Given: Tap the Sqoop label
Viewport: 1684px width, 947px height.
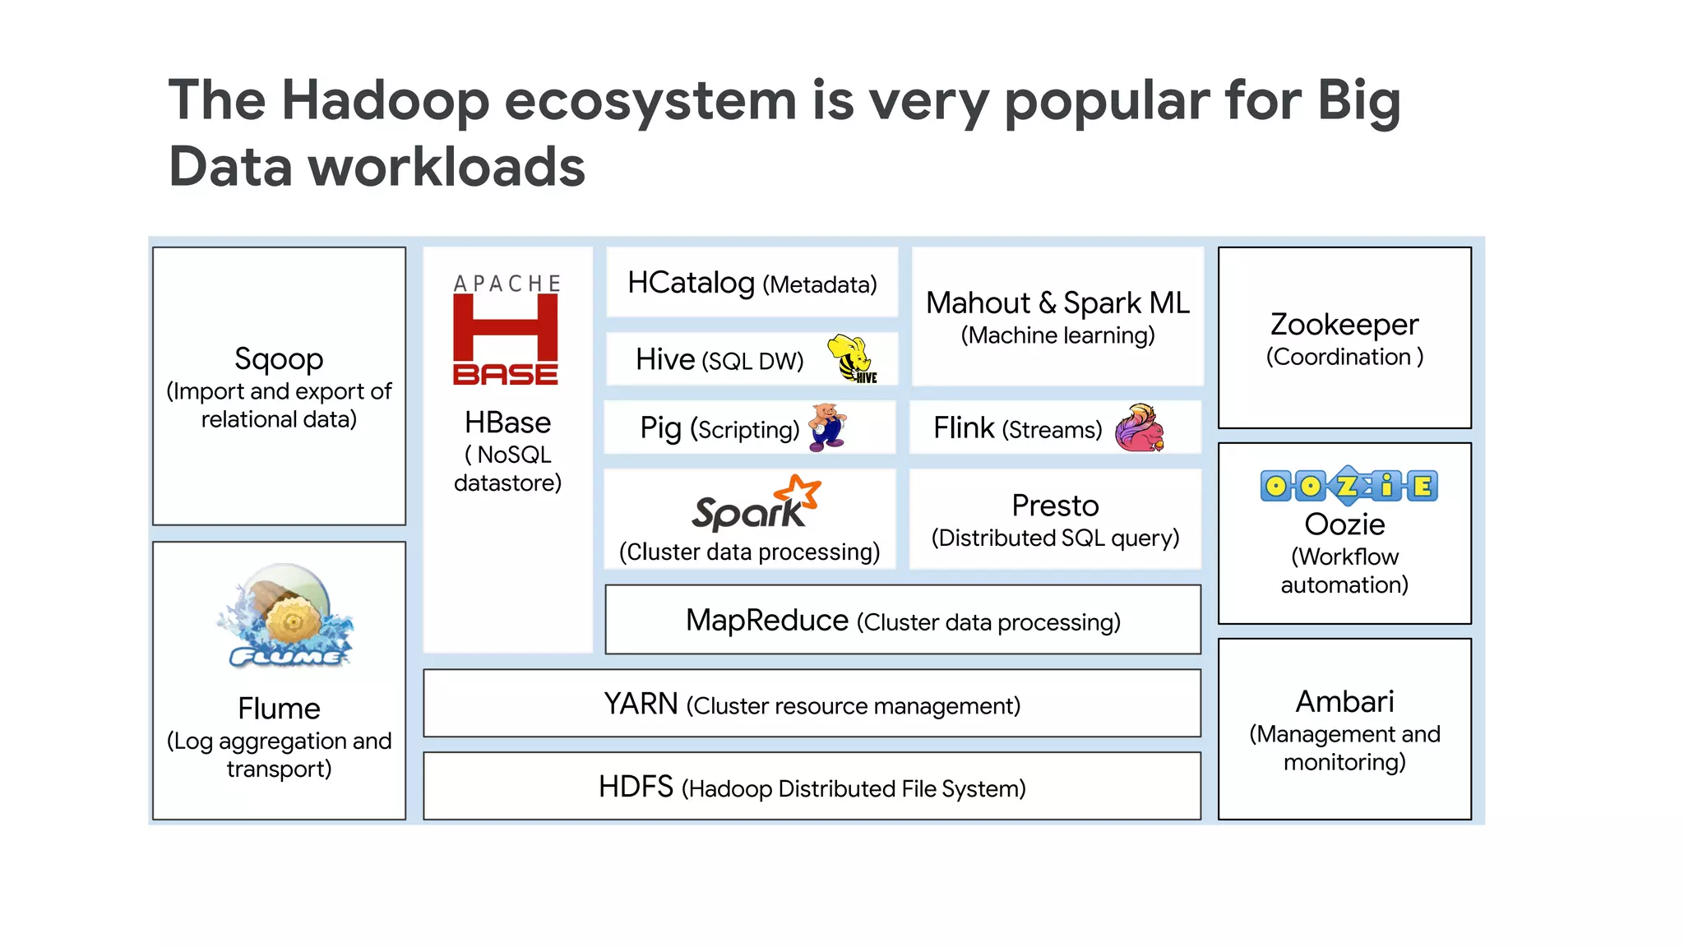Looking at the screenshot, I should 279,359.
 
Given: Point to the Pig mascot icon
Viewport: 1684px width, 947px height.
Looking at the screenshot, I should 826,426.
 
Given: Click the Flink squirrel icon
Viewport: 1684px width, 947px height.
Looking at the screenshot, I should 1140,427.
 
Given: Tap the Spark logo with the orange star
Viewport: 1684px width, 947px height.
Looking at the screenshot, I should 756,503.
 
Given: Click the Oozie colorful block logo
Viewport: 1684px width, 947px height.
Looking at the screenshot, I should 1349,485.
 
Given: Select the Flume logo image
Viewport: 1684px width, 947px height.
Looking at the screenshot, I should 285,617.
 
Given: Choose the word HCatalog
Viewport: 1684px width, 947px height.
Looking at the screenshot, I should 691,283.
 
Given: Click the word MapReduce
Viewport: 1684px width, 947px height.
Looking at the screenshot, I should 766,621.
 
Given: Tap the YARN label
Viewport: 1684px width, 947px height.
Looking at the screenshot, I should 641,704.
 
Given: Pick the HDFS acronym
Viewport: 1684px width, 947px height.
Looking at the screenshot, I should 636,787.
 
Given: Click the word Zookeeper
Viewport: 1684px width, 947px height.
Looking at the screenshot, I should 1344,325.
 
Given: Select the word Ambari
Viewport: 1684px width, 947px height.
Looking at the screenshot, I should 1344,702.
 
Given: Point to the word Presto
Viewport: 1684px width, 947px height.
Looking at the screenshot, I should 1055,506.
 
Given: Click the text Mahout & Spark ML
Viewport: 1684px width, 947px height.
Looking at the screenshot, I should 1057,303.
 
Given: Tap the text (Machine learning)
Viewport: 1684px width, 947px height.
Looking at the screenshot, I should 1057,335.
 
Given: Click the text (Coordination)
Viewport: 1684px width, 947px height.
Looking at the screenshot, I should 1344,358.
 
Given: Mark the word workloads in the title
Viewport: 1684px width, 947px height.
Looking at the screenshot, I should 446,167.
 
